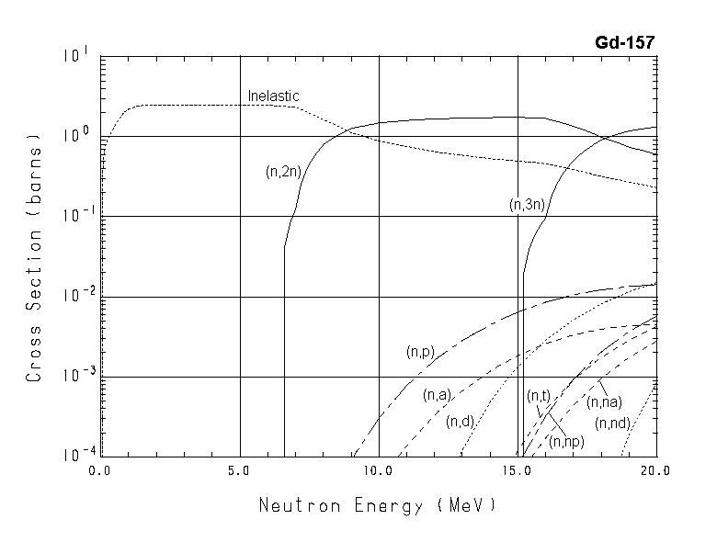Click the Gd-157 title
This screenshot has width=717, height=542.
625,42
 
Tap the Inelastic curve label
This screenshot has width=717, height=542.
273,96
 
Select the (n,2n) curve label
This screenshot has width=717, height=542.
283,170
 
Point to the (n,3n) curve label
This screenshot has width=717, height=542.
528,205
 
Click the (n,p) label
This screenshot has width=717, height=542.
419,352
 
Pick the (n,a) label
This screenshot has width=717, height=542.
436,395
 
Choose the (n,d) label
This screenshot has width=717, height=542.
459,422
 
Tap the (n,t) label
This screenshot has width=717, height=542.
538,396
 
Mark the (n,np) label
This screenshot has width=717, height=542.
566,441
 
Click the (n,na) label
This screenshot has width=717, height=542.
605,401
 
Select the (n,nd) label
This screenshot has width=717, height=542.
612,423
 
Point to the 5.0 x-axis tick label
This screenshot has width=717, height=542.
239,470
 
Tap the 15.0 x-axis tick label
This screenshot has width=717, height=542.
518,470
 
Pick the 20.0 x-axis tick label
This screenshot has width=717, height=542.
655,470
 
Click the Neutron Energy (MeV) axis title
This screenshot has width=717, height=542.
377,505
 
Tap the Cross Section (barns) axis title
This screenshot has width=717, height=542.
35,257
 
